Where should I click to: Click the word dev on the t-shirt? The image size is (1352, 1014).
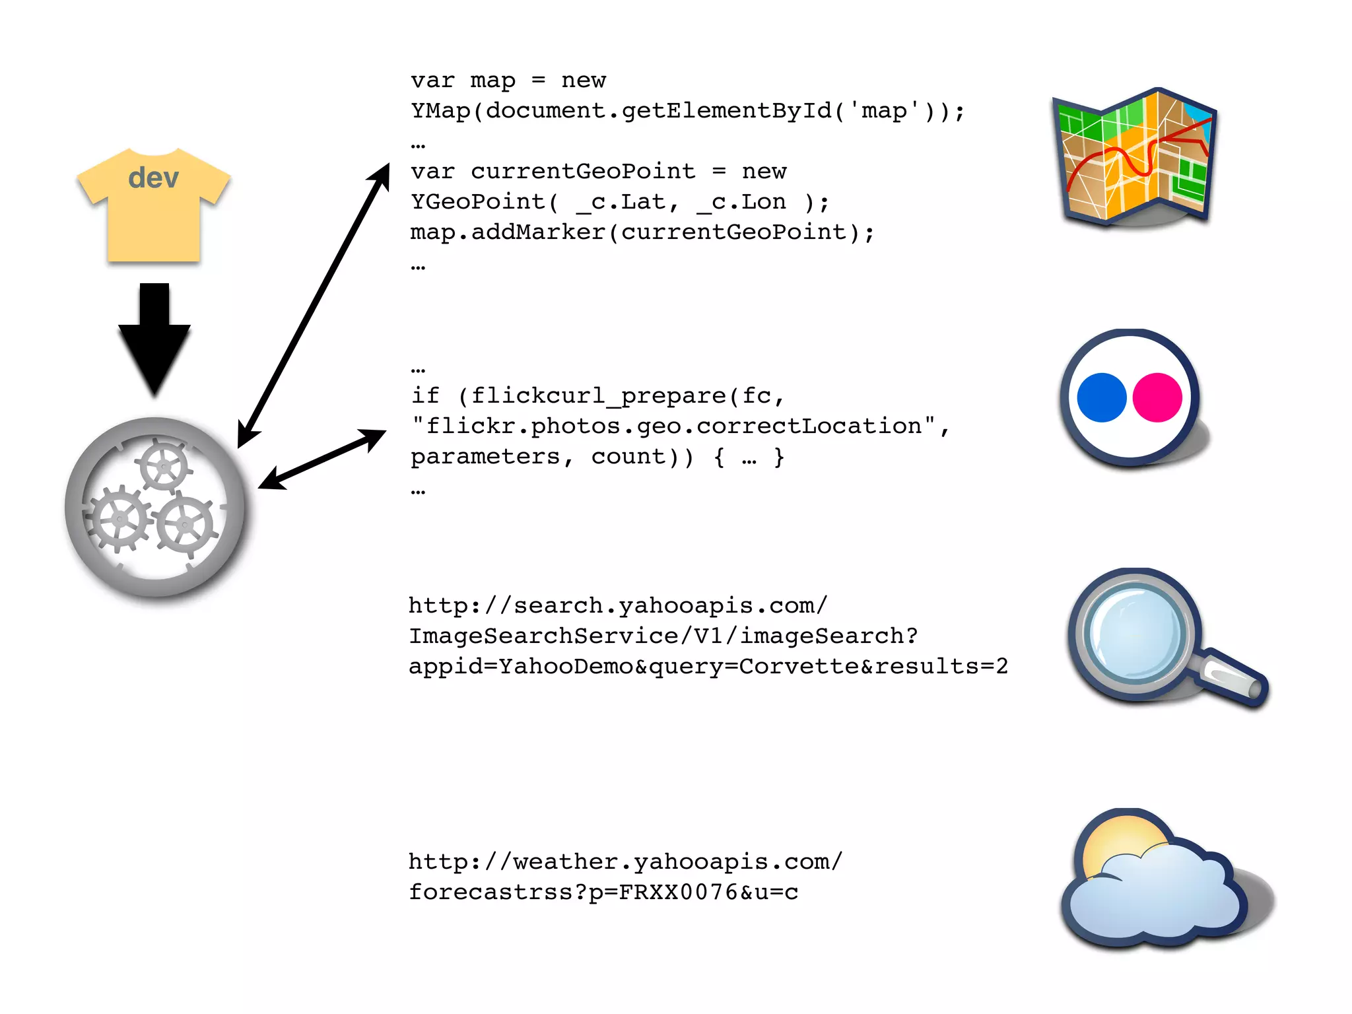tap(153, 178)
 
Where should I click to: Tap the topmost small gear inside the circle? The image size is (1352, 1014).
tap(163, 467)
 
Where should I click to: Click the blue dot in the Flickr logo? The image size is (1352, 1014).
tap(1101, 397)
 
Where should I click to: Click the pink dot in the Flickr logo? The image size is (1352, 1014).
tap(1157, 397)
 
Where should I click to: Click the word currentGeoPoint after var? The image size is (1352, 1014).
tap(583, 172)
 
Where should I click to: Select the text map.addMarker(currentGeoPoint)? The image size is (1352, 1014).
tap(642, 232)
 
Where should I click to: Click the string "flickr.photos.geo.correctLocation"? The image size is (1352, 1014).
tap(673, 426)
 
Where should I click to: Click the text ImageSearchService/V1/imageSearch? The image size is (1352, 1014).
tap(663, 636)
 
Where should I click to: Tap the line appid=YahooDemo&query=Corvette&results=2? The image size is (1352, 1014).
tap(708, 666)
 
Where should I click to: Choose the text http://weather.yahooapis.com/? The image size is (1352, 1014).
tap(625, 862)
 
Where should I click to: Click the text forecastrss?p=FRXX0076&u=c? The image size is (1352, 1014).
tap(603, 893)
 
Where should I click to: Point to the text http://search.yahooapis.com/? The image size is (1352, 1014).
tap(617, 605)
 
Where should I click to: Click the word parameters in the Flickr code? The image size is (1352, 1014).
tap(485, 457)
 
